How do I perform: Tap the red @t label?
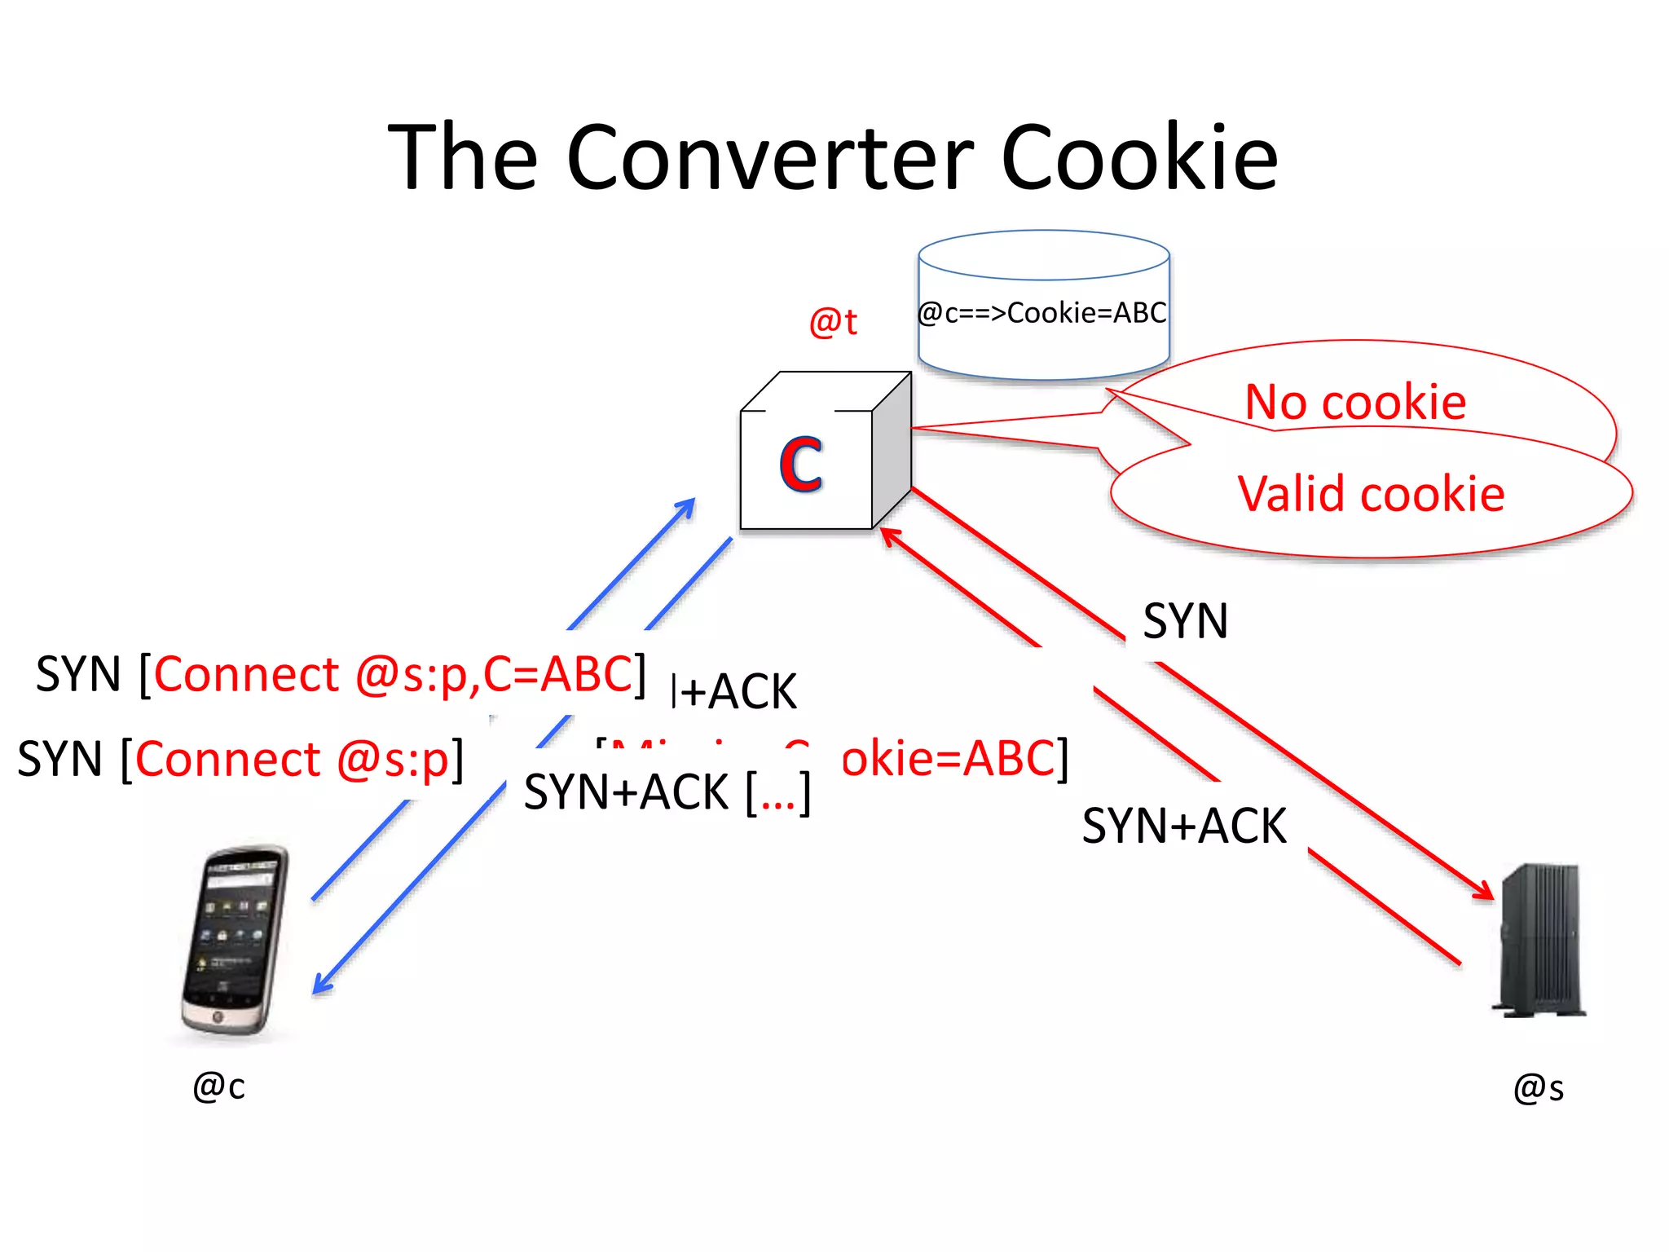tap(832, 322)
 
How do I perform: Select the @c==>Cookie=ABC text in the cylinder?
tap(1042, 313)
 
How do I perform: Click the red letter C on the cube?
tap(800, 464)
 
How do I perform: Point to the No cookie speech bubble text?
tap(1355, 402)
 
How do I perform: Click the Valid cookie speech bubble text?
tap(1371, 494)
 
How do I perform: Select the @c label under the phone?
tap(218, 1087)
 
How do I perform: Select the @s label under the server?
tap(1538, 1088)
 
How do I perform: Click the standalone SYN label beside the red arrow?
tap(1185, 621)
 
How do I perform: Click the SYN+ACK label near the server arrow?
tap(1183, 826)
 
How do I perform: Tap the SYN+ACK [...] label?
tap(667, 792)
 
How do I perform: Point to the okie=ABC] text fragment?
tap(953, 758)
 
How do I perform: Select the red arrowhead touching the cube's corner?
tap(888, 534)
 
